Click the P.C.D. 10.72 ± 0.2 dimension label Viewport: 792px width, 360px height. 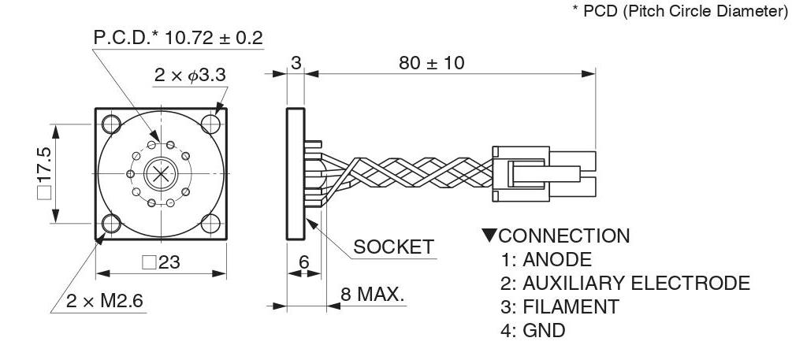coord(178,39)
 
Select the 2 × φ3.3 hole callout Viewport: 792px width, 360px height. coord(190,75)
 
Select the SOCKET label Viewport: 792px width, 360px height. coord(393,247)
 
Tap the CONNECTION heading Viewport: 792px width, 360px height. coord(555,236)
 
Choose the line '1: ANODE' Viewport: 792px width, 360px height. coord(545,259)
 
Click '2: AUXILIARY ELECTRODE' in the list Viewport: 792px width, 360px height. coord(625,283)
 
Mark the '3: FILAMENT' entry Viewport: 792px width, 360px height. coord(560,306)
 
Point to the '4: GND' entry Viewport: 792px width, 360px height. coord(533,330)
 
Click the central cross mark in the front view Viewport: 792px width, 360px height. coord(161,173)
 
